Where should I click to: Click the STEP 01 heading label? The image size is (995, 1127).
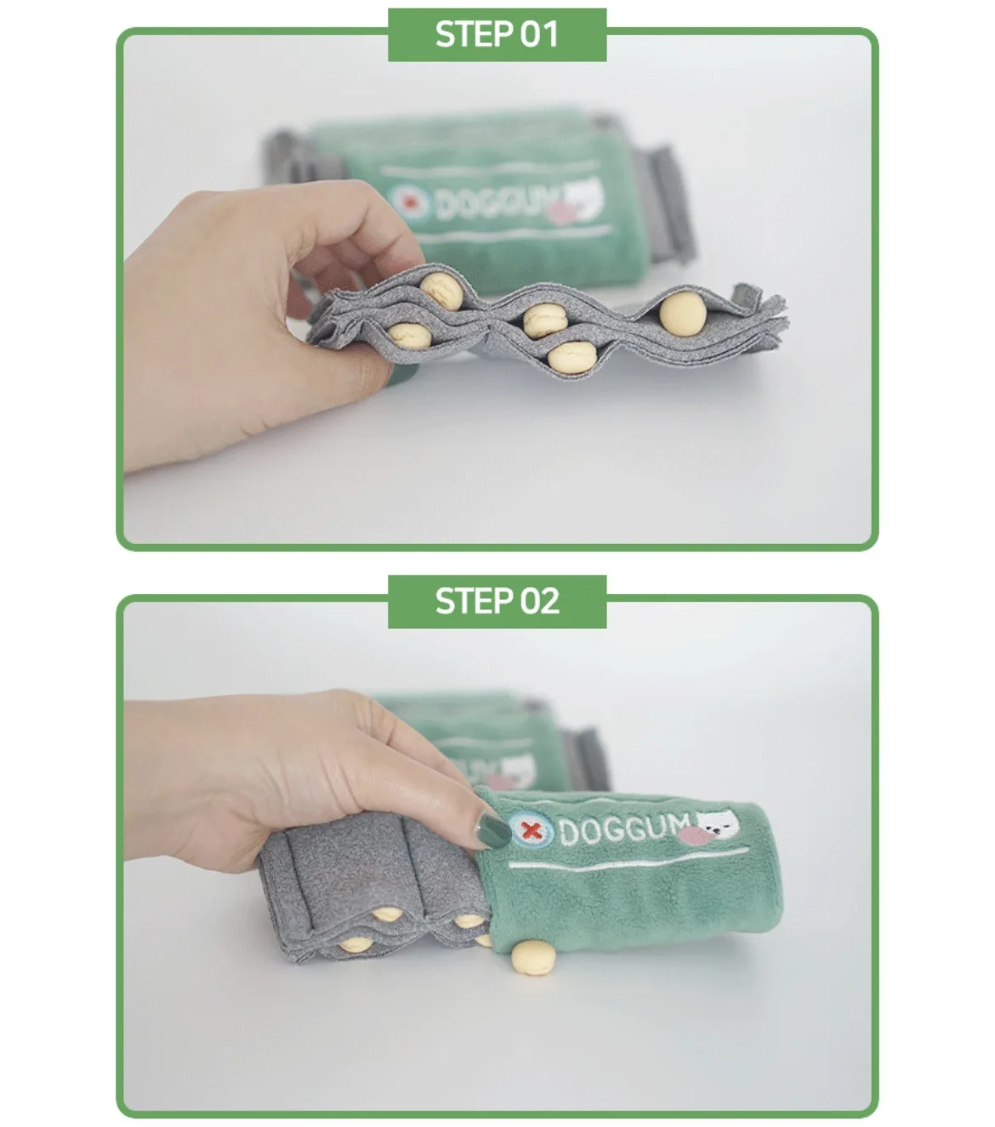tap(497, 35)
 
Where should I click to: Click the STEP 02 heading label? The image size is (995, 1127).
tap(497, 602)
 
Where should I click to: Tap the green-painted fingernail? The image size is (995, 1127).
tap(492, 831)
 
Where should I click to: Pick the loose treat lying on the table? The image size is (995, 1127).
tap(533, 957)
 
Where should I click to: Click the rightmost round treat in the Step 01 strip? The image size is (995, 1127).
tap(683, 312)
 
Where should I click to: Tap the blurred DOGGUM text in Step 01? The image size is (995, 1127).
tap(497, 201)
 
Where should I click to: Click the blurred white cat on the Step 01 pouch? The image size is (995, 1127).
tap(584, 195)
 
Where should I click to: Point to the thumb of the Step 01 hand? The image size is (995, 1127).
tap(345, 367)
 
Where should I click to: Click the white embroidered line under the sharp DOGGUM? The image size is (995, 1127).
tap(629, 858)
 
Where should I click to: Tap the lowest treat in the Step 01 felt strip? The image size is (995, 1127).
tap(571, 357)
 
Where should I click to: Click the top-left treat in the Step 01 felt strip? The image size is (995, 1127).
tap(441, 290)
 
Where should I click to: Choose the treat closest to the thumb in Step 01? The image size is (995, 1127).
tap(409, 334)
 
